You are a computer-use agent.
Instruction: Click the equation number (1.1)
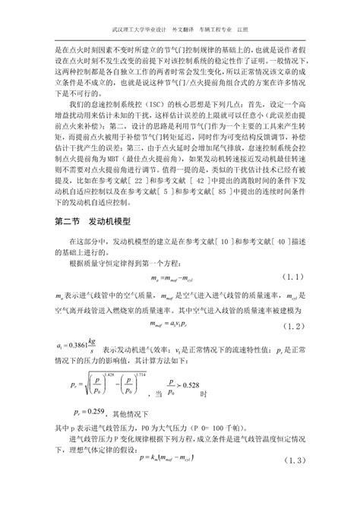point(295,275)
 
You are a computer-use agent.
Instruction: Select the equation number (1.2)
point(295,326)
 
